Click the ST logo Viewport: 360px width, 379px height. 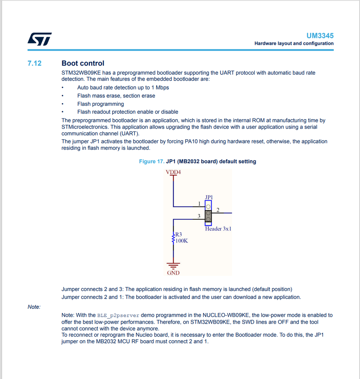pyautogui.click(x=39, y=39)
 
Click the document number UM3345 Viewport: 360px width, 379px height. pyautogui.click(x=320, y=36)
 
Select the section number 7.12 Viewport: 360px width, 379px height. pyautogui.click(x=34, y=63)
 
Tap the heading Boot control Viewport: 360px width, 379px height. pyautogui.click(x=83, y=63)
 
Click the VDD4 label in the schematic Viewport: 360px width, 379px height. pyautogui.click(x=173, y=172)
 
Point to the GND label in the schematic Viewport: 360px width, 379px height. pyautogui.click(x=173, y=272)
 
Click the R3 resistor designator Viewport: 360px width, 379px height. pyautogui.click(x=178, y=234)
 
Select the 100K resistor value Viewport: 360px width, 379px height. pyautogui.click(x=181, y=241)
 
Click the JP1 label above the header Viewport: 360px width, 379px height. pyautogui.click(x=209, y=197)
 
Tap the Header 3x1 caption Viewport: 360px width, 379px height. pyautogui.click(x=218, y=229)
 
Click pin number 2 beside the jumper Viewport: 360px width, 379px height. pyautogui.click(x=218, y=210)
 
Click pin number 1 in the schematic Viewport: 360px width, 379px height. pyautogui.click(x=199, y=203)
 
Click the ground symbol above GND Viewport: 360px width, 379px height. pyautogui.click(x=173, y=265)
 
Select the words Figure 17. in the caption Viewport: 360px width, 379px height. pyautogui.click(x=152, y=161)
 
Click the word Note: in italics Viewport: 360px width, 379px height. pyautogui.click(x=34, y=307)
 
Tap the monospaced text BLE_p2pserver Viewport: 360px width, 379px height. pyautogui.click(x=118, y=315)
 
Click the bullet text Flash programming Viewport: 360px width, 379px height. pyautogui.click(x=100, y=104)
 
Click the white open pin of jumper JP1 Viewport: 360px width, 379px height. pyautogui.click(x=208, y=206)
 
